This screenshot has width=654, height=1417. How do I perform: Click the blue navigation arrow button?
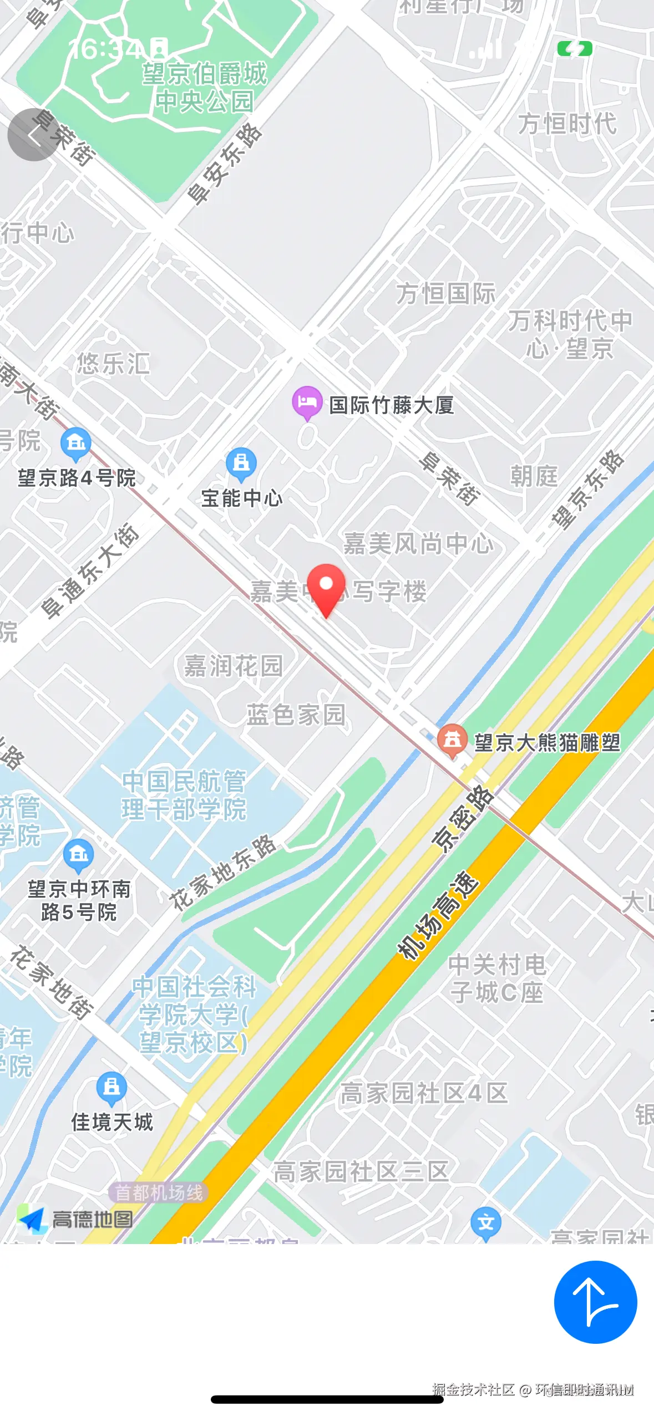pos(595,1302)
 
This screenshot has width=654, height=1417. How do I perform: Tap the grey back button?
pos(33,135)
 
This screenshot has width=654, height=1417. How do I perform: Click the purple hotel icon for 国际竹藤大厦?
pos(307,402)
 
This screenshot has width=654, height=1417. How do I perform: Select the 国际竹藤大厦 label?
pos(392,405)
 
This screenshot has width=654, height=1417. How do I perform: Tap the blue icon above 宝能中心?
pos(241,463)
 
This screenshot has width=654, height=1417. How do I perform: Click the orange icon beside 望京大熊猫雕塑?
pos(452,740)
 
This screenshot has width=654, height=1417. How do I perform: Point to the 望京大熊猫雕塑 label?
pos(547,742)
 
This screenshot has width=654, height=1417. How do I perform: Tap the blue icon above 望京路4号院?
pos(76,444)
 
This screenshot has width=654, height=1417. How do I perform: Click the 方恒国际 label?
pos(445,293)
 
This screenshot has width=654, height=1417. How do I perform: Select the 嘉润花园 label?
pos(234,665)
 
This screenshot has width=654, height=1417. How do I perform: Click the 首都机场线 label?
pos(159,1192)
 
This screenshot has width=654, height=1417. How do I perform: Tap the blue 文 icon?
pos(485,1222)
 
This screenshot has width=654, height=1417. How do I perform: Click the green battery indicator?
pos(575,49)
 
